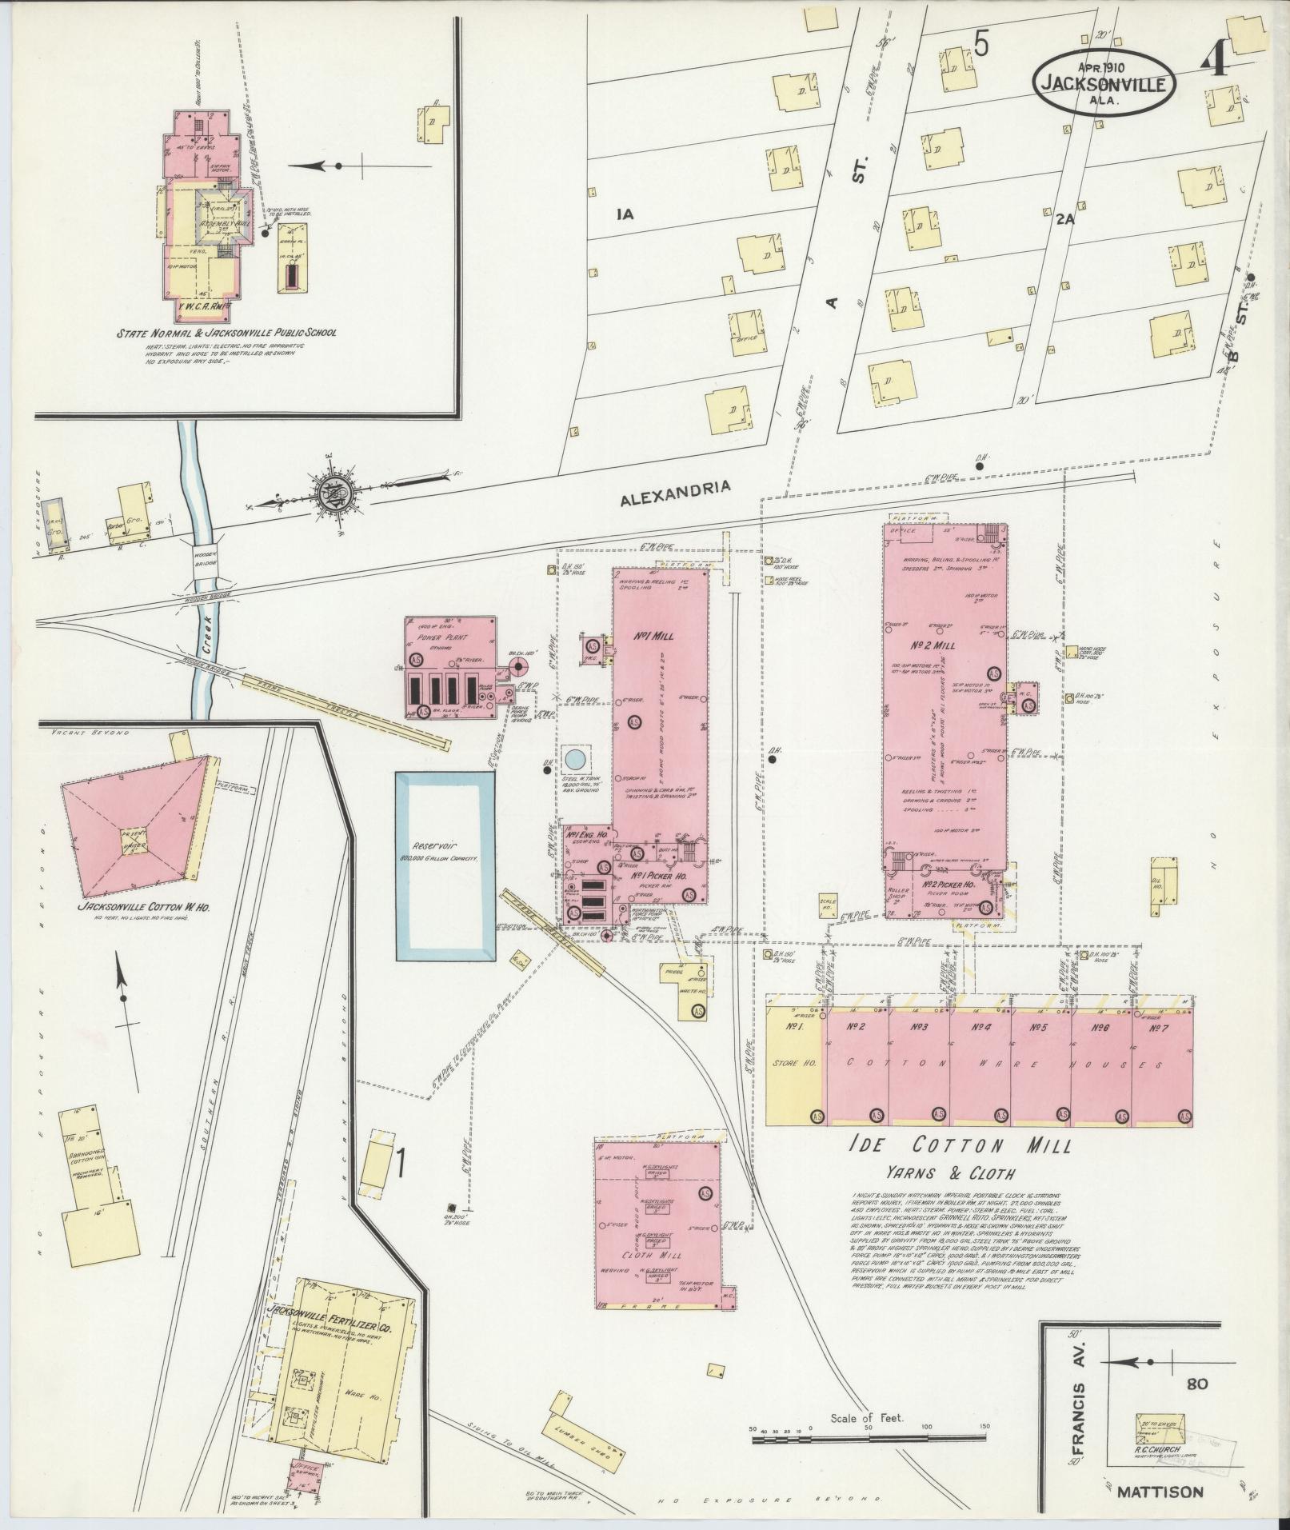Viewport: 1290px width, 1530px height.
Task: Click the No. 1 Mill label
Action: pos(654,637)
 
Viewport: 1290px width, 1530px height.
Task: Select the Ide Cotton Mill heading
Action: pos(961,1146)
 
